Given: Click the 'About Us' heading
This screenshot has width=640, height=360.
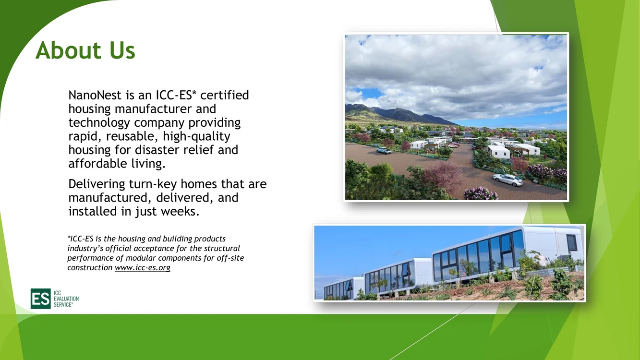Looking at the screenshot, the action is pyautogui.click(x=85, y=50).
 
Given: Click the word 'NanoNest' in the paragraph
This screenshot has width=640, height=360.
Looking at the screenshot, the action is pyautogui.click(x=95, y=95).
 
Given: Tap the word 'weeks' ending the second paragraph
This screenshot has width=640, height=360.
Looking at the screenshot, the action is pyautogui.click(x=180, y=211).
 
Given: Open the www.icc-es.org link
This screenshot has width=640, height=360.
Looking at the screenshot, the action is pyautogui.click(x=143, y=268).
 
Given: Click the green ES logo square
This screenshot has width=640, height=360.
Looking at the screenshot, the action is pyautogui.click(x=41, y=299).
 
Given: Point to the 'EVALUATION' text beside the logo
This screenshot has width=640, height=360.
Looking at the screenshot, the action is pyautogui.click(x=66, y=299).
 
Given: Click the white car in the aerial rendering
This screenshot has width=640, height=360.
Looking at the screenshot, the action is pyautogui.click(x=507, y=180).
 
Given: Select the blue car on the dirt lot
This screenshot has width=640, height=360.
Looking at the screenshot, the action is pyautogui.click(x=384, y=150).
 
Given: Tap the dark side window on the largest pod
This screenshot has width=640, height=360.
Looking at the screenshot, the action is pyautogui.click(x=571, y=242).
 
